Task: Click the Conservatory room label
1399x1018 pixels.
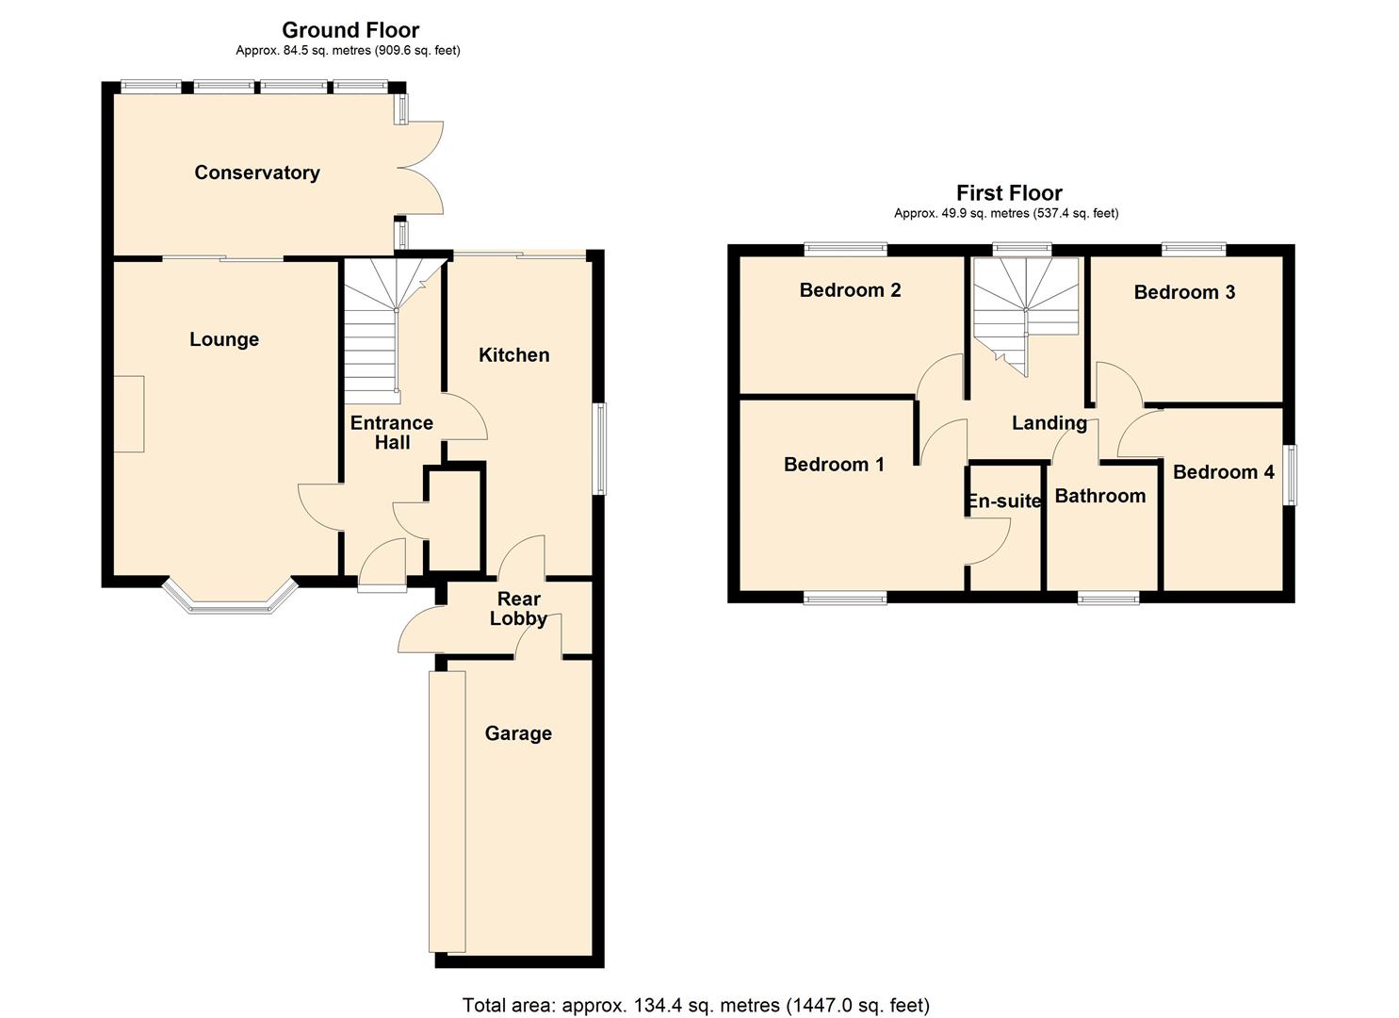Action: [x=256, y=172]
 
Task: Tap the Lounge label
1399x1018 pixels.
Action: [x=224, y=339]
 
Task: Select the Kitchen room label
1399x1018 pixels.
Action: [x=513, y=354]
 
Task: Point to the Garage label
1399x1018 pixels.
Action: [x=518, y=733]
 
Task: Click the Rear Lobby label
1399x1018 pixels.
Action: [x=518, y=609]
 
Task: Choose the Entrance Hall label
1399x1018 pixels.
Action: [x=392, y=433]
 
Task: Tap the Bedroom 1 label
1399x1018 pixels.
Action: [x=834, y=464]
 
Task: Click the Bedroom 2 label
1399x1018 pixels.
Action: [x=850, y=290]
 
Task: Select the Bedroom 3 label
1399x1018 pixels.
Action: [x=1184, y=292]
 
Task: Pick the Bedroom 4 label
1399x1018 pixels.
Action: [x=1223, y=471]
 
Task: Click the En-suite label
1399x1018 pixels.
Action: [x=1004, y=501]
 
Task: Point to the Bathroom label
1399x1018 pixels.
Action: [x=1099, y=496]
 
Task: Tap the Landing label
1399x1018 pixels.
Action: [x=1049, y=423]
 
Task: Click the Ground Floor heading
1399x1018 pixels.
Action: [x=350, y=30]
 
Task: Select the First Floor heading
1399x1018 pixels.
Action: [x=1009, y=193]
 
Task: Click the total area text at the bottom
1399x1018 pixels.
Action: [x=695, y=1005]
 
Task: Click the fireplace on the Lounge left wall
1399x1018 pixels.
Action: [x=129, y=414]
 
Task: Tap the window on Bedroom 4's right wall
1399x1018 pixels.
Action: [x=1292, y=475]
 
